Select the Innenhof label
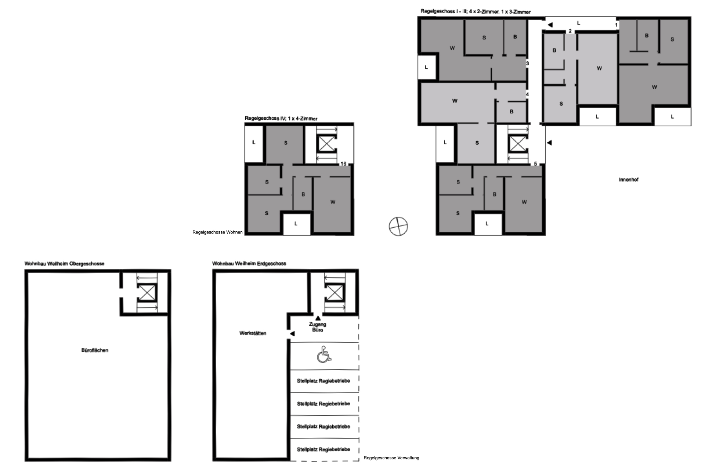(x=628, y=180)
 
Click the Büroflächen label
(x=95, y=350)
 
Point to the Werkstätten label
(x=253, y=333)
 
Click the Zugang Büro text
(x=318, y=327)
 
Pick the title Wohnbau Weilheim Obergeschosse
(x=64, y=264)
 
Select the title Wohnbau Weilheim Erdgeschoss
(x=249, y=264)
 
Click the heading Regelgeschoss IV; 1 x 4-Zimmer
(x=281, y=119)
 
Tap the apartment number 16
(x=343, y=164)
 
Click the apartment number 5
(x=535, y=164)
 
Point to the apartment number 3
(x=528, y=64)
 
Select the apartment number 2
(x=570, y=31)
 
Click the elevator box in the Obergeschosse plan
(x=147, y=293)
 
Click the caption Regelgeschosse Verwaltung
(x=391, y=458)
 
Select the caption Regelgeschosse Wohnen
(x=217, y=232)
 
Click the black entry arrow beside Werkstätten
(x=292, y=334)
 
